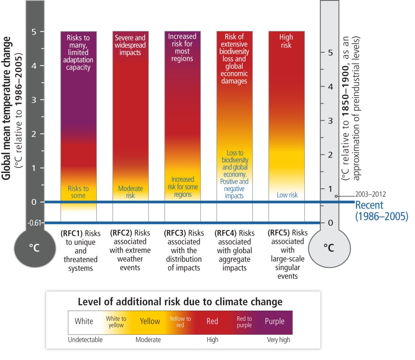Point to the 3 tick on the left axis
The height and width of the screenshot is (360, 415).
[36, 99]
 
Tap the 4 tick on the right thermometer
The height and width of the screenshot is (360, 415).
[331, 86]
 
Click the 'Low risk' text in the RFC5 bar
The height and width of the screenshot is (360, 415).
[287, 195]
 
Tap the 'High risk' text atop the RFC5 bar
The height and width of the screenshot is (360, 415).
[286, 41]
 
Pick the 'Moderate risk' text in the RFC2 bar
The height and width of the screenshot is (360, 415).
[130, 192]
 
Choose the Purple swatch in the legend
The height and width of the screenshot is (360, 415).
[274, 322]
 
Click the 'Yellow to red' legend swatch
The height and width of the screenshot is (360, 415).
[180, 322]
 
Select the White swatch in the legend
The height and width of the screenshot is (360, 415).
[84, 322]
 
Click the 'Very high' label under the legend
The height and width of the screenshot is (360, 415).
[278, 340]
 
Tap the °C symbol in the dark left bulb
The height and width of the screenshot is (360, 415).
[34, 248]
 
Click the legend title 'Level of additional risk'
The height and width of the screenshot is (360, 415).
[183, 302]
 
